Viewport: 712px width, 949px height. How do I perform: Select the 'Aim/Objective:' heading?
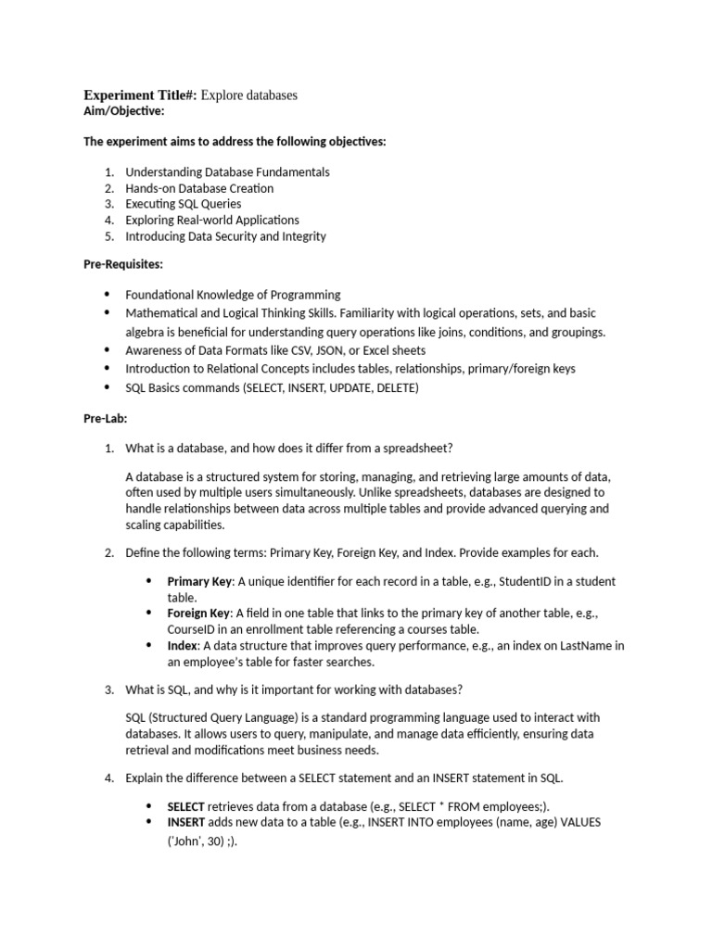click(124, 111)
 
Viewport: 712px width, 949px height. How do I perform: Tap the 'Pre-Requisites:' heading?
click(123, 265)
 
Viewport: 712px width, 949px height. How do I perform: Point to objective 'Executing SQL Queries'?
click(184, 204)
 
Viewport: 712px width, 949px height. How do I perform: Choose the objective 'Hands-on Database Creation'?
click(199, 188)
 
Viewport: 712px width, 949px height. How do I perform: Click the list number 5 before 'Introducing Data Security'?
click(108, 236)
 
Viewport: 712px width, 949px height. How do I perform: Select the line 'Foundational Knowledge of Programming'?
click(233, 295)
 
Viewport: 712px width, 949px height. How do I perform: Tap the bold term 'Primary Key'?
click(198, 582)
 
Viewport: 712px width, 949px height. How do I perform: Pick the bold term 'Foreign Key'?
click(198, 614)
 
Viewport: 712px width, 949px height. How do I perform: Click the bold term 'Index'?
click(182, 645)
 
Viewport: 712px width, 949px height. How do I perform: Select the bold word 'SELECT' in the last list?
click(185, 806)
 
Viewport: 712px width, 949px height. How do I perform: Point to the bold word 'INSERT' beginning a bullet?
click(185, 822)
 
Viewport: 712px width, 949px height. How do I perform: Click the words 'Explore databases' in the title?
click(248, 95)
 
